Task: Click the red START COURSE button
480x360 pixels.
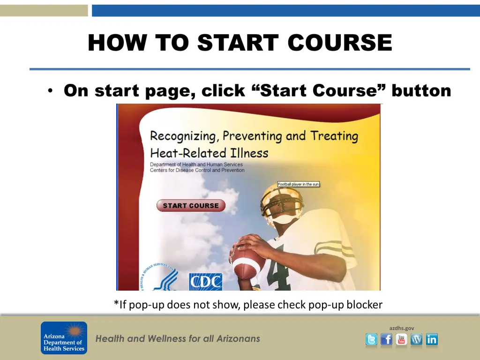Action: click(x=191, y=205)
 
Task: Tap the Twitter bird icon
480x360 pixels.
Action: click(x=371, y=339)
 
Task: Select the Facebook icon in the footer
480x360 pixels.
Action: click(x=386, y=339)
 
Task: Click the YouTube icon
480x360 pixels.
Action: click(x=401, y=339)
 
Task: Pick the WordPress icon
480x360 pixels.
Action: click(x=416, y=339)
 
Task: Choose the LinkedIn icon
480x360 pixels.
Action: click(x=432, y=339)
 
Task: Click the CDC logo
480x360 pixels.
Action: click(x=205, y=282)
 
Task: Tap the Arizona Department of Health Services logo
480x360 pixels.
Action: click(x=64, y=338)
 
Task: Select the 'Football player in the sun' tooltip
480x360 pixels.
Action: click(x=298, y=184)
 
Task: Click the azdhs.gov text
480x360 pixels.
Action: click(x=402, y=328)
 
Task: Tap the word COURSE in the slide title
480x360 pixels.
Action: click(x=340, y=42)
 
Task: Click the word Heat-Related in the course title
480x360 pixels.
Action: click(x=188, y=153)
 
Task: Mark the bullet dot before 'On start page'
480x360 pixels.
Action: click(x=50, y=90)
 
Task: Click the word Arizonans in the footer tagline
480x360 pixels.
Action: click(x=238, y=338)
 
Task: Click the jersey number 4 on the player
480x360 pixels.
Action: click(x=277, y=270)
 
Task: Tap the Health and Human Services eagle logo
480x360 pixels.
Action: click(x=158, y=277)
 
